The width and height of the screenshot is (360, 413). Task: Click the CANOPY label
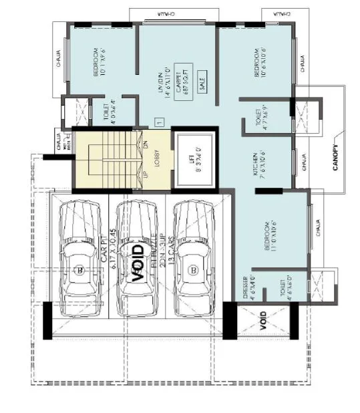click(x=336, y=158)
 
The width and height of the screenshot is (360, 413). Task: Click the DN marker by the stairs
click(x=145, y=143)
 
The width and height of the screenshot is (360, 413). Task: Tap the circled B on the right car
click(x=193, y=271)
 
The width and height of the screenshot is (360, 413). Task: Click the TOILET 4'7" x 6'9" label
click(x=261, y=120)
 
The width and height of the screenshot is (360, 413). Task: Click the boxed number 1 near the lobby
click(x=158, y=122)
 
